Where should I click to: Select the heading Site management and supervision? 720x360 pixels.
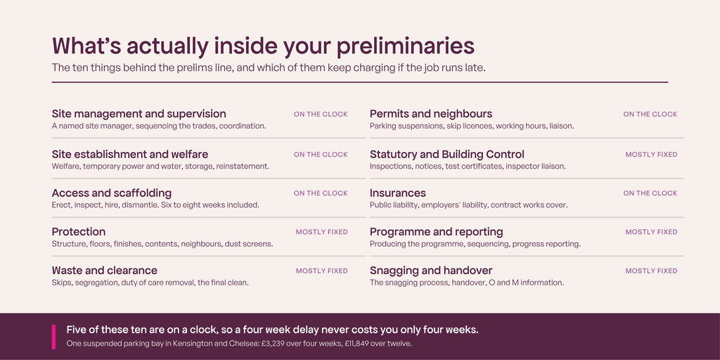pyautogui.click(x=139, y=114)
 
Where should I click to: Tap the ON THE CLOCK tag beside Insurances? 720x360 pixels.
pyautogui.click(x=650, y=193)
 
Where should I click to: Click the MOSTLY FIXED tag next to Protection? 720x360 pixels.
pyautogui.click(x=322, y=232)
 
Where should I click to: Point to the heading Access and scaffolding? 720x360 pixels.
pyautogui.click(x=112, y=193)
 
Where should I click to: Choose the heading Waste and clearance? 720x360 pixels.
pyautogui.click(x=105, y=271)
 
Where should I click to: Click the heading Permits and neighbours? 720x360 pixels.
pyautogui.click(x=431, y=114)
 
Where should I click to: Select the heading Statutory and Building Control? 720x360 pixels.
pyautogui.click(x=446, y=155)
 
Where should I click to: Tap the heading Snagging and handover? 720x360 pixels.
pyautogui.click(x=431, y=271)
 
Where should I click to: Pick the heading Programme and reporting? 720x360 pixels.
pyautogui.click(x=436, y=232)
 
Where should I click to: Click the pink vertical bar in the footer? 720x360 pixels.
pyautogui.click(x=53, y=337)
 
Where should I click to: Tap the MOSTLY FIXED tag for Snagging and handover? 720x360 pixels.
pyautogui.click(x=651, y=271)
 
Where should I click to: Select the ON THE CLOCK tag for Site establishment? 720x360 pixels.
pyautogui.click(x=321, y=155)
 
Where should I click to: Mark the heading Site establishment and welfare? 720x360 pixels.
pyautogui.click(x=130, y=155)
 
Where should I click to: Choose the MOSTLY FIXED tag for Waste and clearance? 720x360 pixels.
pyautogui.click(x=322, y=271)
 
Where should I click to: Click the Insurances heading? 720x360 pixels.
pyautogui.click(x=398, y=193)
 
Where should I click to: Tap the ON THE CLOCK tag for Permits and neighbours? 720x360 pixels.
pyautogui.click(x=650, y=115)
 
